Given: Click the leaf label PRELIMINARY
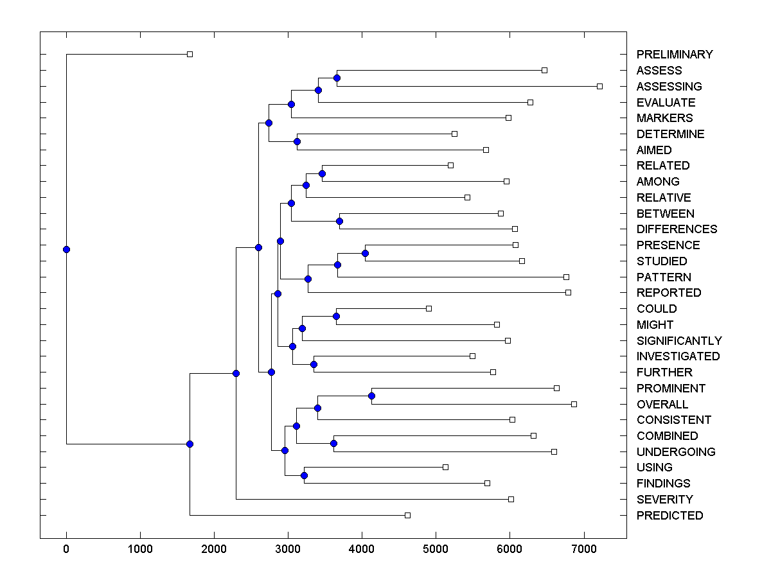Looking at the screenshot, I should coord(675,55).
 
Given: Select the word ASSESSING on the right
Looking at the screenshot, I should coord(669,87).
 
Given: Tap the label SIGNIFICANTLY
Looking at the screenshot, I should coord(679,341).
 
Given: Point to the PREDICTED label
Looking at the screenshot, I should coord(669,516).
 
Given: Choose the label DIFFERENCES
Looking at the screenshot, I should coord(677,229).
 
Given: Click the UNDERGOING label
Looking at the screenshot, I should coord(676,452).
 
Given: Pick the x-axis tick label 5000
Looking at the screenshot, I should coord(436,548).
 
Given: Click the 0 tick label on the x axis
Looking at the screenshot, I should coord(66,548).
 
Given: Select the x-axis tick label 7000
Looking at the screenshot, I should coord(583,548).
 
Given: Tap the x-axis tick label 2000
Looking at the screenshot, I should coord(214,548).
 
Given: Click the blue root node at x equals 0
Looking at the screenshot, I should coord(66,249).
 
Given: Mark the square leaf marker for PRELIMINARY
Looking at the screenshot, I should coord(190,54).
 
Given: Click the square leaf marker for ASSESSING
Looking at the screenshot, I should coord(599,86).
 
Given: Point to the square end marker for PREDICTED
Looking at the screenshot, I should coord(407,515).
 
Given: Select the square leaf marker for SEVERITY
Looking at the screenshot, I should coord(511,499).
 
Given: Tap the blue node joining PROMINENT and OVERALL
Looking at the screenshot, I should coord(371,396).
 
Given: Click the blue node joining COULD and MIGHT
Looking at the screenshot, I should coord(336,316).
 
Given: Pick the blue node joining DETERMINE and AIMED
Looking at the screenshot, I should coord(297,141).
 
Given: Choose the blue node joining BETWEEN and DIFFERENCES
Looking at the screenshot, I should coord(340,221).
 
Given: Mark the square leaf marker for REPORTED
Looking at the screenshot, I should coord(568,292).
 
